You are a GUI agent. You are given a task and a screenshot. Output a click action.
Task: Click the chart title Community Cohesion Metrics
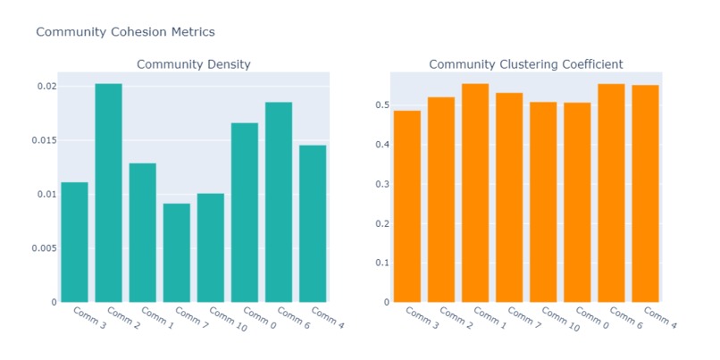coord(125,32)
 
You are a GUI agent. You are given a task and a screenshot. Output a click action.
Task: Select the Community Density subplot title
coord(193,64)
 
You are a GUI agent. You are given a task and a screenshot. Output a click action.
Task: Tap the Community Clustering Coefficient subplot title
coord(526,64)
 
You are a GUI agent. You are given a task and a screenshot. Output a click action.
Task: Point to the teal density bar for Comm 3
coord(74,242)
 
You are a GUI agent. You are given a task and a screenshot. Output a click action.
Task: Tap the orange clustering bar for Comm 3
coord(407,206)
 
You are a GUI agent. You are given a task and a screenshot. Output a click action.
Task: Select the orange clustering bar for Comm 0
coord(577,202)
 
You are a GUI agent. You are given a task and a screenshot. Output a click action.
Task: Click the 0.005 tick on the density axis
coord(44,248)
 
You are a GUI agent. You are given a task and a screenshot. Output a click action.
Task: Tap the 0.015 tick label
coord(44,140)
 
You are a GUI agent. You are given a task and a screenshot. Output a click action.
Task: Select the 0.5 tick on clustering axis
coord(381,105)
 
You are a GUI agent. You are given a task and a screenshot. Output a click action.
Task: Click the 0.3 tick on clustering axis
coord(381,184)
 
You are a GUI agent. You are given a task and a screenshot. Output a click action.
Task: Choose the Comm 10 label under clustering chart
coord(563,319)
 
